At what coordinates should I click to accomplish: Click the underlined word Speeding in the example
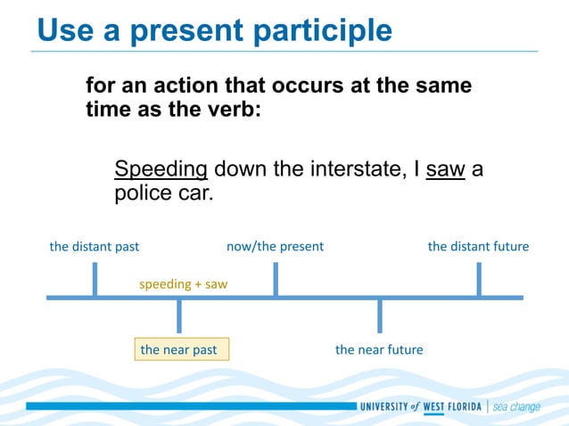161,169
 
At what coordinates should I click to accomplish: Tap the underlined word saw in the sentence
446,169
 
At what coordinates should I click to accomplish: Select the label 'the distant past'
95,246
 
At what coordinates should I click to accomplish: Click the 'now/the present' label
275,246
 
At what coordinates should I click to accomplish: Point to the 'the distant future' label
478,246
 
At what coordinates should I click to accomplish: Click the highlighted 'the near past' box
179,349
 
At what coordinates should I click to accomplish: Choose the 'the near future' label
379,349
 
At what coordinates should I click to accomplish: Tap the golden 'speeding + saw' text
183,283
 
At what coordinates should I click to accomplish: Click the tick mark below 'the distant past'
95,279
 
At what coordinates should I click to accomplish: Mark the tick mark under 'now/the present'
275,279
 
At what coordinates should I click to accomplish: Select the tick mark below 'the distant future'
479,279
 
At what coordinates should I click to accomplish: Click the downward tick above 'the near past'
179,315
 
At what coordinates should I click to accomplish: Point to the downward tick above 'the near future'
380,315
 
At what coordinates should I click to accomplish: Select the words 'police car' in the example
164,193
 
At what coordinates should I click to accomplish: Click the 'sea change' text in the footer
516,407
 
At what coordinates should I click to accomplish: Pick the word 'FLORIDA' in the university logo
456,407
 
